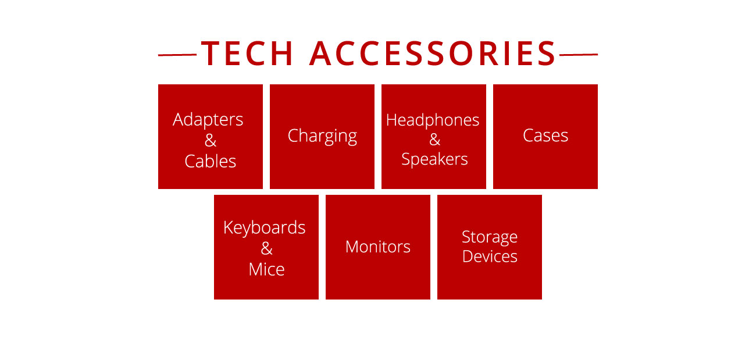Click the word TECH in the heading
click(x=247, y=54)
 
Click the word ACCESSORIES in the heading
click(x=433, y=54)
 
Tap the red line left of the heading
click(x=177, y=55)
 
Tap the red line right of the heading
click(x=579, y=54)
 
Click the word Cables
click(x=211, y=161)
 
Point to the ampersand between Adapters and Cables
click(x=211, y=140)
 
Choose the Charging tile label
click(x=322, y=136)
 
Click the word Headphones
click(x=433, y=120)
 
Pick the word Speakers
click(x=434, y=159)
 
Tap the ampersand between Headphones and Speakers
click(x=435, y=140)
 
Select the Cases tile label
click(x=545, y=136)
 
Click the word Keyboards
click(x=264, y=228)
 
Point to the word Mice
click(x=266, y=270)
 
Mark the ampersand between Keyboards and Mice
click(x=266, y=249)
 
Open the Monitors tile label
click(x=378, y=247)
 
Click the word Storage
click(x=490, y=237)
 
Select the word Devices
click(x=490, y=256)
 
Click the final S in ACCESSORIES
click(x=547, y=54)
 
